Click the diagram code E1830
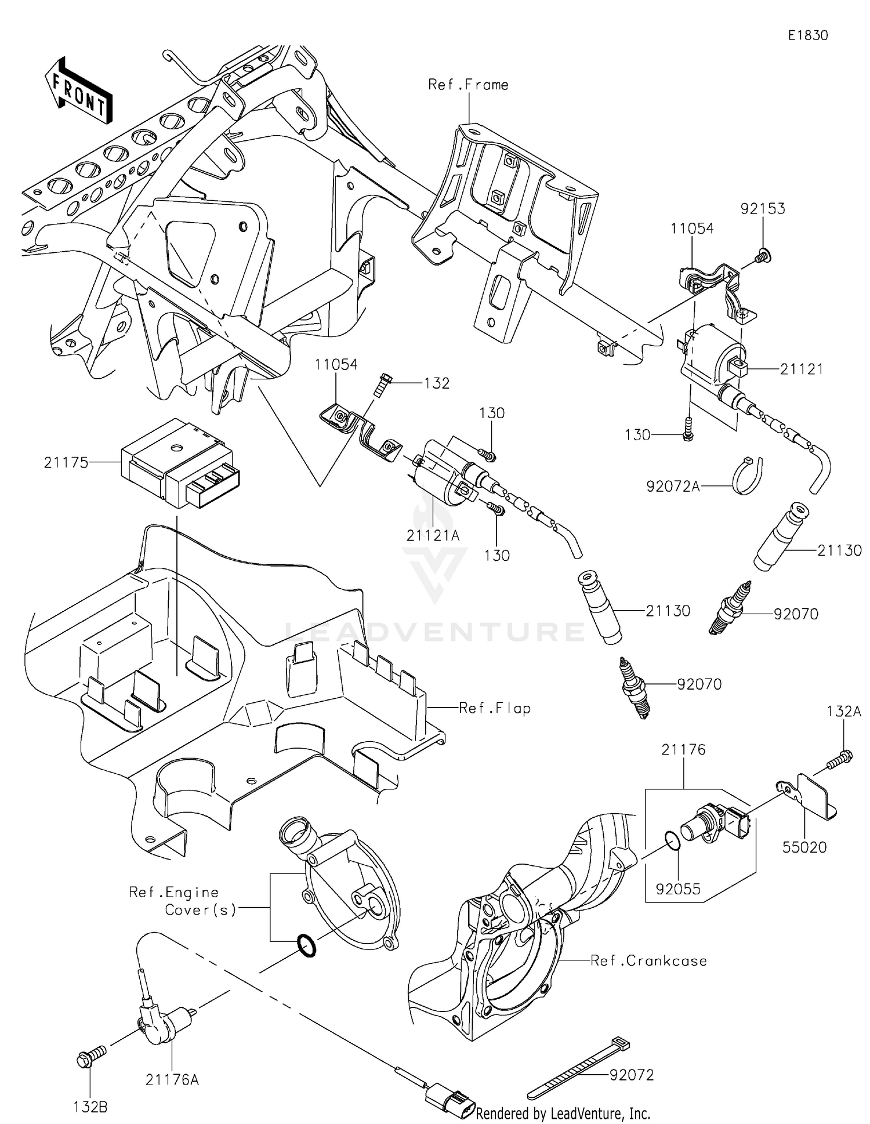(x=808, y=35)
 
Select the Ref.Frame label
(x=468, y=85)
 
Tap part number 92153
(x=763, y=209)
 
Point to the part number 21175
(x=66, y=462)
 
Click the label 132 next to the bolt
(x=437, y=383)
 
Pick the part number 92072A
(x=673, y=486)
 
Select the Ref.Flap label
(x=494, y=708)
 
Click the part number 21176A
(x=172, y=1079)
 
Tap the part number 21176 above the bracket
(x=683, y=750)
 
